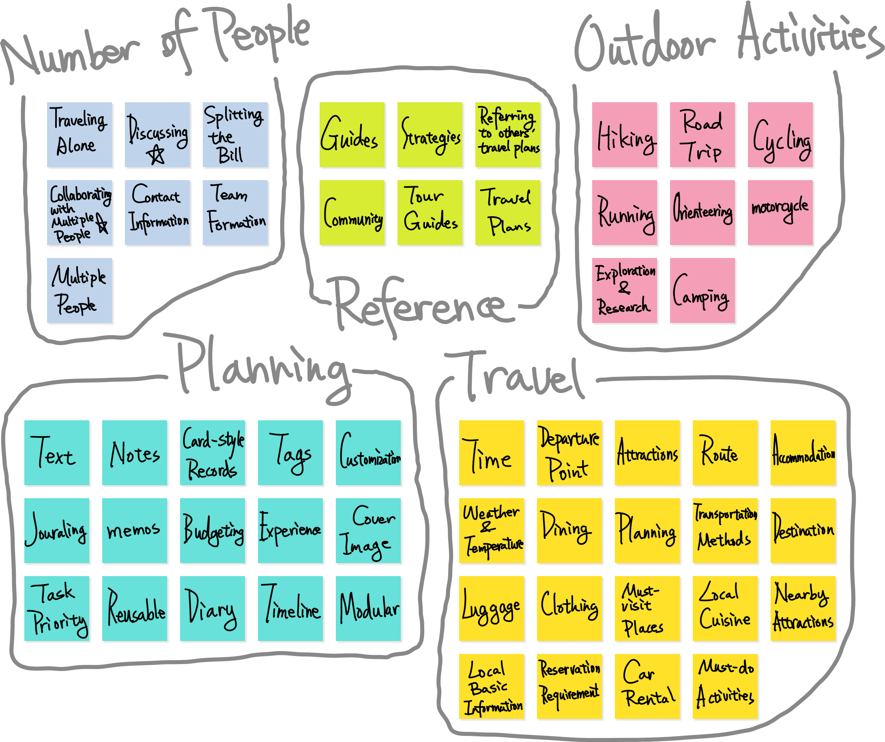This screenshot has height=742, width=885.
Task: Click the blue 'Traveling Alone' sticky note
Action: pyautogui.click(x=79, y=135)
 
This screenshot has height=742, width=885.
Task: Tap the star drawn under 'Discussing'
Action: pyautogui.click(x=156, y=155)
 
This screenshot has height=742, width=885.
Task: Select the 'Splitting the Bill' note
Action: pyautogui.click(x=235, y=135)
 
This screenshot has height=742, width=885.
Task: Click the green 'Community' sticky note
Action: pyautogui.click(x=352, y=213)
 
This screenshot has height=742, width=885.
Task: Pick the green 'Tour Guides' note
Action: pyautogui.click(x=430, y=213)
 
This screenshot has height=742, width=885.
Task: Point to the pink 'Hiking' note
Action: pyautogui.click(x=625, y=135)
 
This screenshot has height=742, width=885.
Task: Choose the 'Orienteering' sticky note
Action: pyautogui.click(x=702, y=213)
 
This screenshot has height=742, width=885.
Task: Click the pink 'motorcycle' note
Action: pyautogui.click(x=780, y=213)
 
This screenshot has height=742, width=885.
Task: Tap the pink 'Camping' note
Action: pyautogui.click(x=702, y=291)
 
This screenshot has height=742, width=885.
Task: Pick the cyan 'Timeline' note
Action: pyautogui.click(x=291, y=609)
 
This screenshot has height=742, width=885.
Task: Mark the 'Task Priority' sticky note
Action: pyautogui.click(x=57, y=609)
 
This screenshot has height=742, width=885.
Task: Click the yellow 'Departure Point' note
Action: pyautogui.click(x=569, y=453)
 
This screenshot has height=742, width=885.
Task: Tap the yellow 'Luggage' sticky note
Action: pyautogui.click(x=492, y=609)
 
